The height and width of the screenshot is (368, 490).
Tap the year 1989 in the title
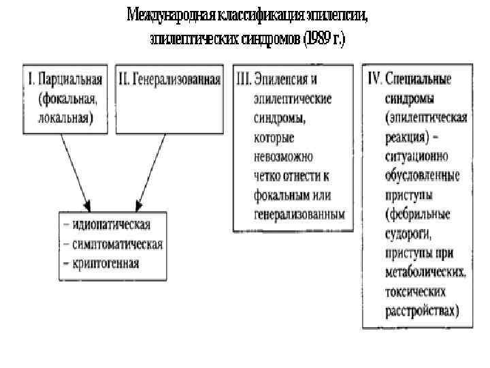click(318, 39)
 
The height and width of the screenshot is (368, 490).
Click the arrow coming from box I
click(74, 170)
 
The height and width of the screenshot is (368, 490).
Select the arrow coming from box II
click(152, 170)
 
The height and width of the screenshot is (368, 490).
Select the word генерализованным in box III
click(299, 214)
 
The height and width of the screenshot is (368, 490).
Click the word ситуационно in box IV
click(415, 156)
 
